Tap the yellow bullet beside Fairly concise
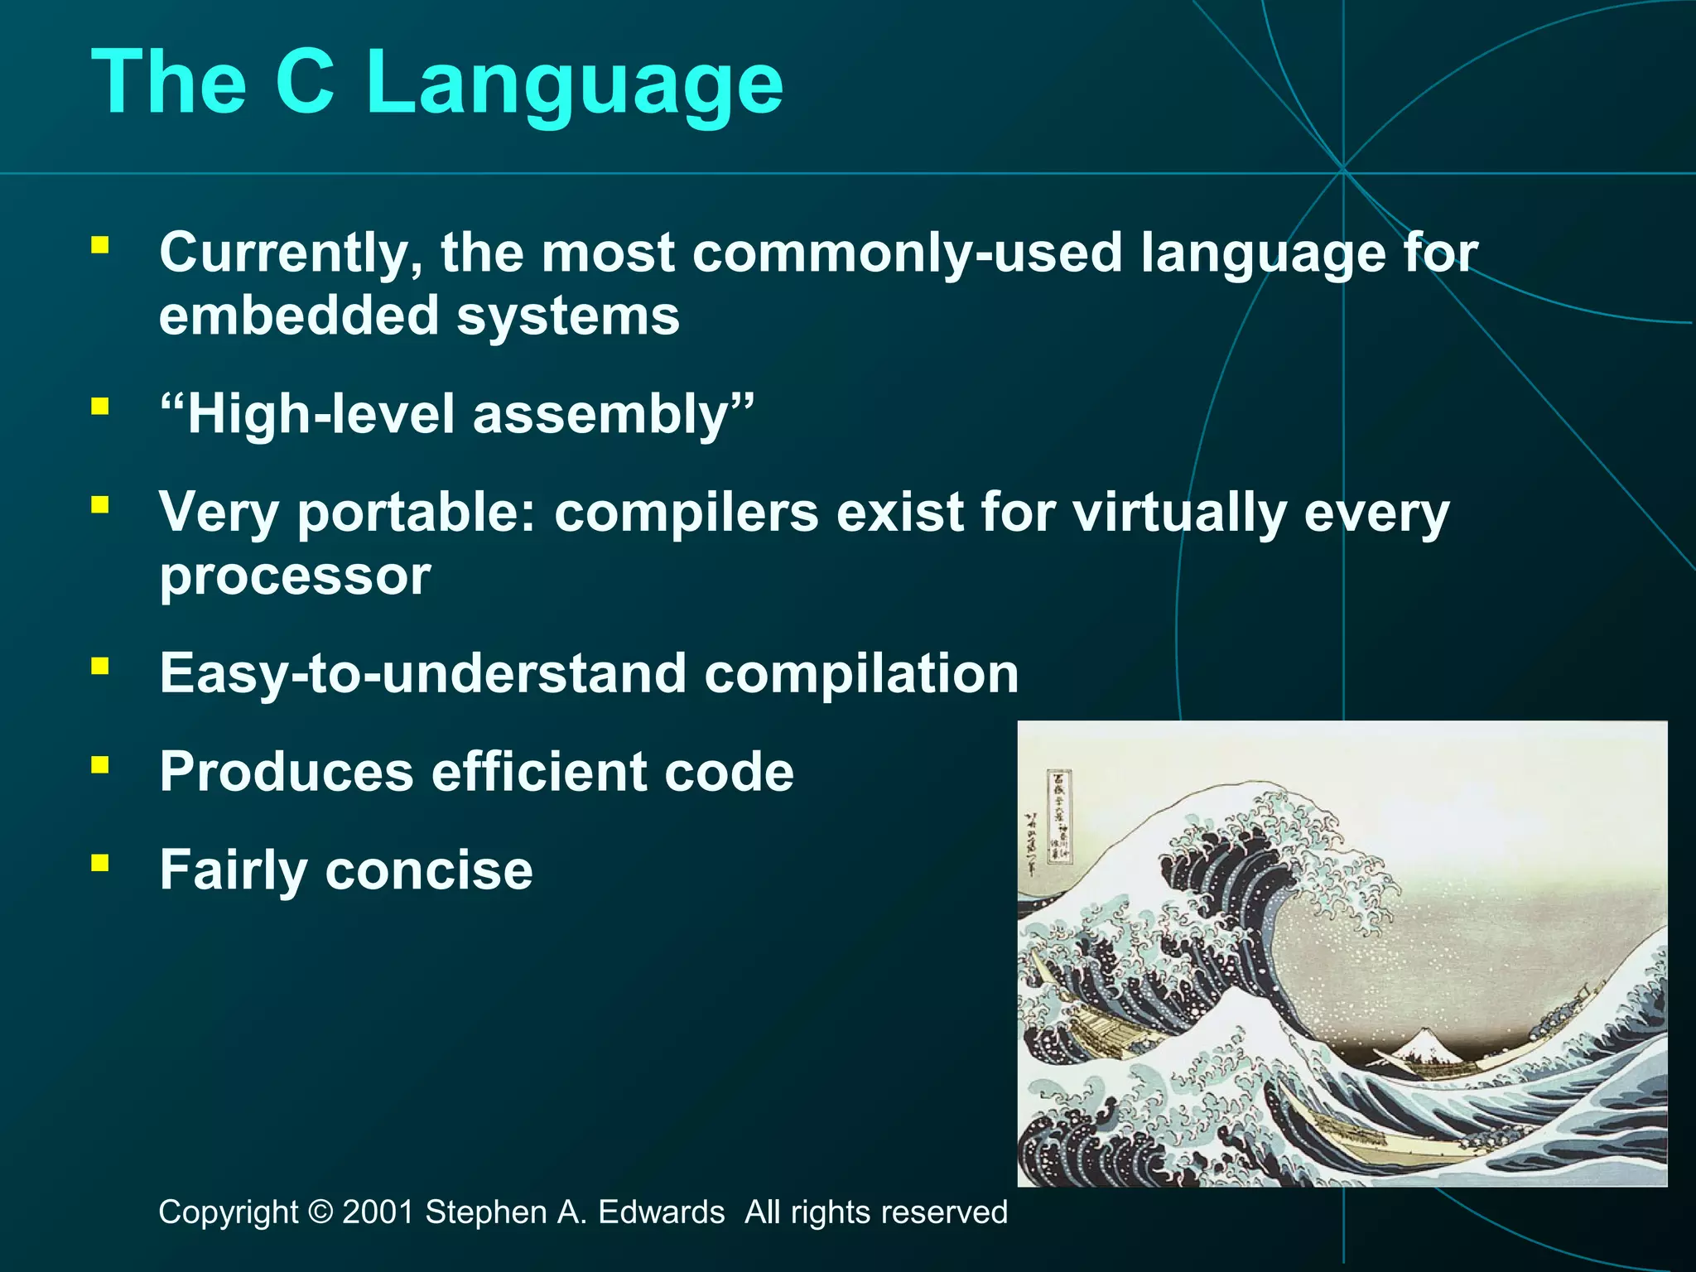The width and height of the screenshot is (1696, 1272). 100,864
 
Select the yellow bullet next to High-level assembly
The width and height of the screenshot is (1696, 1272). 100,407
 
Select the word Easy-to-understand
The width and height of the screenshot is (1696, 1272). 422,673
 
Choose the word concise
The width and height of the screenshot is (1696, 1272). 429,870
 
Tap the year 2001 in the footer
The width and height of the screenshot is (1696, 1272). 378,1212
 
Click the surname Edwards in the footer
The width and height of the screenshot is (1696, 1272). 661,1212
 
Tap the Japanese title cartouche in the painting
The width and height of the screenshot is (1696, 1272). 1059,817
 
